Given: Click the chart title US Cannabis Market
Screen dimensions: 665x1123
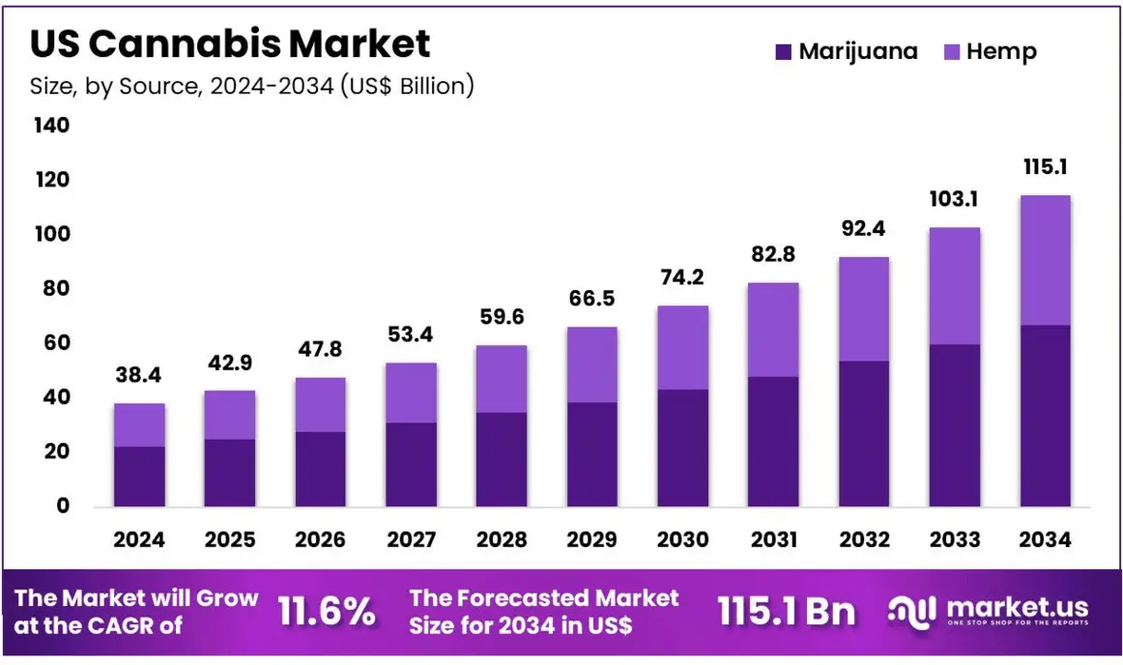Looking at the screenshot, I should point(230,43).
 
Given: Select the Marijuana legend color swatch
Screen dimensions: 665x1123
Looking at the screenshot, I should point(784,51).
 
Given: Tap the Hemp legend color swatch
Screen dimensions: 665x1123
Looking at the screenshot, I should point(951,51).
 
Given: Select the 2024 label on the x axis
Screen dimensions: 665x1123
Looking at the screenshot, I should point(139,540).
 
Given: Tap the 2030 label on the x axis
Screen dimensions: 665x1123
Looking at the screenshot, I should point(682,540).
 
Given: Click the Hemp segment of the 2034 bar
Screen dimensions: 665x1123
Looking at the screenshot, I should point(1045,260).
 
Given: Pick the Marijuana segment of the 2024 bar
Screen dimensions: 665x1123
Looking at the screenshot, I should point(139,476).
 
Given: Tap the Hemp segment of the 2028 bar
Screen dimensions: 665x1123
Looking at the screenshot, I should point(502,379).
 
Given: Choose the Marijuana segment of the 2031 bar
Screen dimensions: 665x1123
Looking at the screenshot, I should point(773,441).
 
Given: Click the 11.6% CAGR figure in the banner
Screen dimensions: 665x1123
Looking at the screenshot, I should point(327,612).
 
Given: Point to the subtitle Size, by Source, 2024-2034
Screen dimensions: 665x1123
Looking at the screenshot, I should point(252,86).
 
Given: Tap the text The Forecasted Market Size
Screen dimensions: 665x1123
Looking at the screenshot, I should point(544,612).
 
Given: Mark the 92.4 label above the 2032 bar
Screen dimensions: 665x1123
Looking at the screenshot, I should point(864,230).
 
